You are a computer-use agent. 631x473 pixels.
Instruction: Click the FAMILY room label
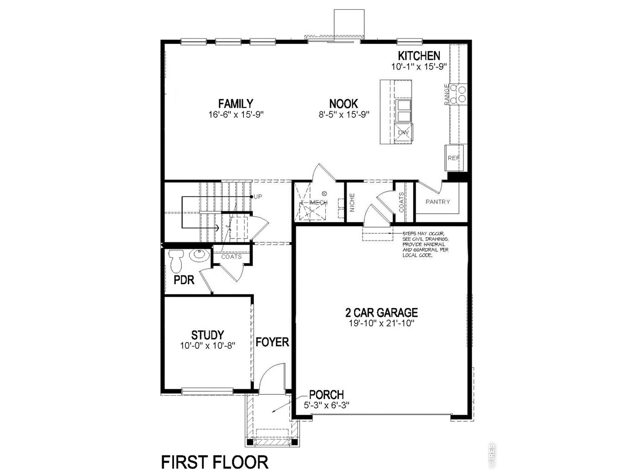pyautogui.click(x=236, y=103)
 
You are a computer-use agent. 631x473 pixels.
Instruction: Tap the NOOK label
pyautogui.click(x=344, y=103)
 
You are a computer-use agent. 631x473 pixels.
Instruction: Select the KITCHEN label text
pyautogui.click(x=419, y=55)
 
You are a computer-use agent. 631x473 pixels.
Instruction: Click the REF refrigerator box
pyautogui.click(x=454, y=158)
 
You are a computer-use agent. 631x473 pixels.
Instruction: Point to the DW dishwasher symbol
pyautogui.click(x=404, y=133)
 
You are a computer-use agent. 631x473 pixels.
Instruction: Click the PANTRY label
pyautogui.click(x=438, y=202)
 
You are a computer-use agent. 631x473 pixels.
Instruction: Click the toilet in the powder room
pyautogui.click(x=175, y=261)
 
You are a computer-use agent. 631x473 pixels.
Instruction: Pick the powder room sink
pyautogui.click(x=199, y=255)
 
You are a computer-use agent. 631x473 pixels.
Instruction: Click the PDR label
pyautogui.click(x=184, y=280)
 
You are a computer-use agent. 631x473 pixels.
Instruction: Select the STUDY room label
pyautogui.click(x=208, y=335)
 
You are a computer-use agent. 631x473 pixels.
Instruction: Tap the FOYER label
pyautogui.click(x=272, y=341)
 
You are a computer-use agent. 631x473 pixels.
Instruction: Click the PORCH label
pyautogui.click(x=326, y=395)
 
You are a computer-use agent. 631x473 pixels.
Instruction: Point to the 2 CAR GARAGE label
pyautogui.click(x=381, y=312)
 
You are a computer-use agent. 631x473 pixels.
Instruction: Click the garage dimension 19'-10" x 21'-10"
pyautogui.click(x=381, y=324)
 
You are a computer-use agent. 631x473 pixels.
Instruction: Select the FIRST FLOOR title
pyautogui.click(x=215, y=462)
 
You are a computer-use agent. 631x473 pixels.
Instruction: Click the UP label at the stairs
pyautogui.click(x=258, y=197)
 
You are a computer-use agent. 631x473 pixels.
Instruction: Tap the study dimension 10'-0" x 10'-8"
pyautogui.click(x=208, y=346)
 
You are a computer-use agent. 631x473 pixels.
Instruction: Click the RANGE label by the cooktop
pyautogui.click(x=447, y=94)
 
